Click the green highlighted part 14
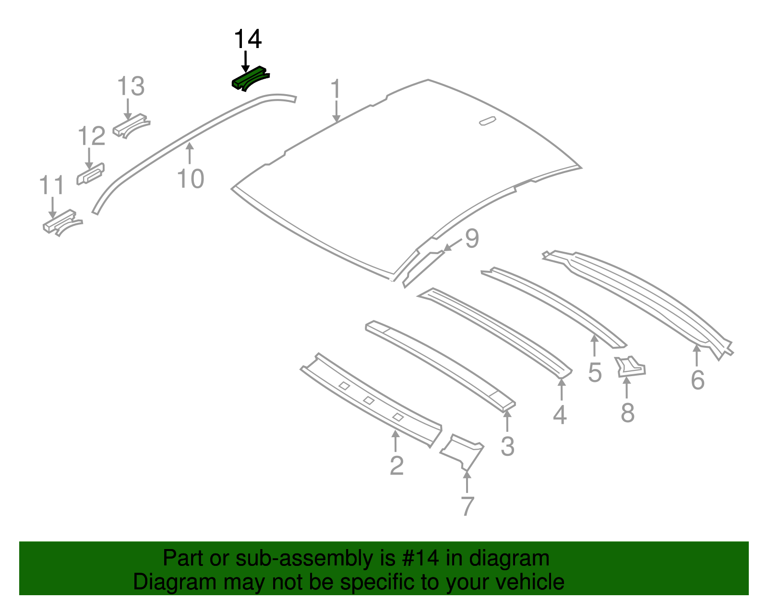[250, 78]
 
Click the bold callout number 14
[248, 39]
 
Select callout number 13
[131, 86]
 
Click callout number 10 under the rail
[191, 179]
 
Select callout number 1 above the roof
[336, 90]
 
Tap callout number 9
[472, 238]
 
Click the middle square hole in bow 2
[369, 400]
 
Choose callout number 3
[507, 446]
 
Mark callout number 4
[560, 415]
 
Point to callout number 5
[595, 373]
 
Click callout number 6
[697, 380]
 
